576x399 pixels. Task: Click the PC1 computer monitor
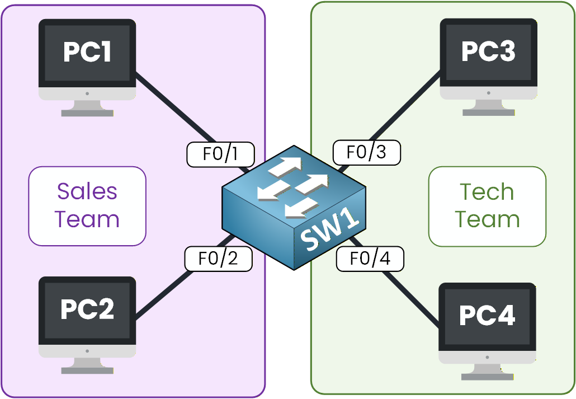pos(87,59)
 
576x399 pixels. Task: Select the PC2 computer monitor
pos(87,316)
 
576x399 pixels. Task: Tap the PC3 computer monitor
pos(488,59)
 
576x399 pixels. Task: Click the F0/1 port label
pos(220,154)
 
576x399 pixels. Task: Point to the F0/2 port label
pos(218,259)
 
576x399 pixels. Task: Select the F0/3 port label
pos(366,152)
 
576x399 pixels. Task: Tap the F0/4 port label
pos(370,259)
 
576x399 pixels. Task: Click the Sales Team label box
pos(87,206)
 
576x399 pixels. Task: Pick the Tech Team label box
pos(487,206)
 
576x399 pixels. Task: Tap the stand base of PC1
pos(87,112)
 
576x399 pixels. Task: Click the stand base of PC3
pos(488,112)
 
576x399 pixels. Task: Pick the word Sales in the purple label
pos(87,192)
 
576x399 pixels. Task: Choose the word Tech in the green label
pos(487,192)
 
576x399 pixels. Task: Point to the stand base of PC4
pos(487,375)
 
